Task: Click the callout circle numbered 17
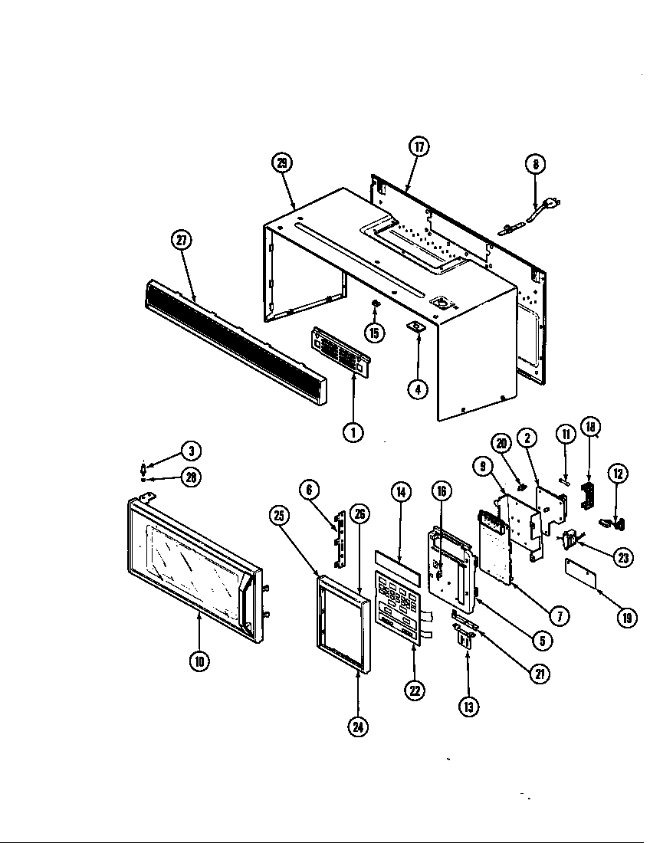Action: click(419, 147)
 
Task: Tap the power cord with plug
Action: click(529, 214)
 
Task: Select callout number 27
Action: click(181, 241)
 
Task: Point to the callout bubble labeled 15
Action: click(374, 333)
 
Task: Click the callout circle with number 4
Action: click(417, 389)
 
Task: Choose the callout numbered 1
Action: click(353, 432)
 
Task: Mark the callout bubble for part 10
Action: click(199, 661)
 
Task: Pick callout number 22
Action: click(415, 690)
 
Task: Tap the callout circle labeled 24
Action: click(358, 727)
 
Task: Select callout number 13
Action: click(468, 705)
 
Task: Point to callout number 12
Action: click(618, 473)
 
